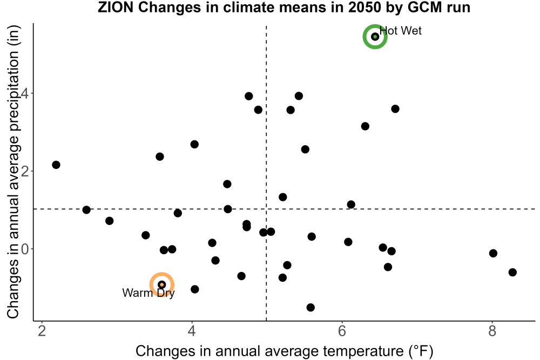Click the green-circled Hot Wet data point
[x=375, y=37]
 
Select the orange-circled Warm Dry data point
[x=162, y=284]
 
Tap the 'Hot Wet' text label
[x=401, y=31]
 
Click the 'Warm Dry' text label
[x=148, y=293]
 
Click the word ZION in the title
[x=116, y=7]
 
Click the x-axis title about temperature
[x=285, y=351]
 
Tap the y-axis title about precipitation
[x=13, y=172]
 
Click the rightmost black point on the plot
[x=512, y=272]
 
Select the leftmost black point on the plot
[x=56, y=165]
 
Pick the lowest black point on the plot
[x=310, y=307]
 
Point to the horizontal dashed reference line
[x=285, y=209]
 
